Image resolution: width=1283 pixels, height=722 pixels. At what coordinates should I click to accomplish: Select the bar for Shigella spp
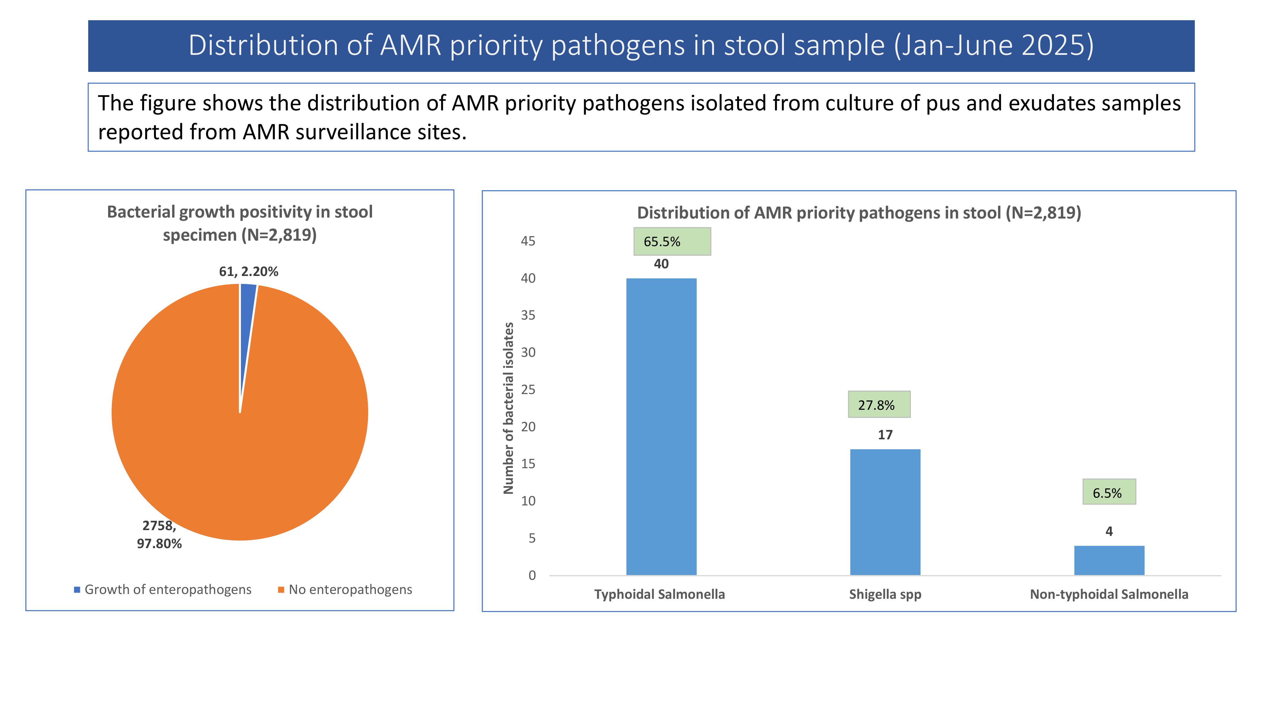885,512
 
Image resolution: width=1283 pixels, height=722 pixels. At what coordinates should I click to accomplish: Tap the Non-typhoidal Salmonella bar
1109,561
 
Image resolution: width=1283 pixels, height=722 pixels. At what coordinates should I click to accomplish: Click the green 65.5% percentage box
672,242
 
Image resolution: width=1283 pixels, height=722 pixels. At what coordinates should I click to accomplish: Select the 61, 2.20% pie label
249,271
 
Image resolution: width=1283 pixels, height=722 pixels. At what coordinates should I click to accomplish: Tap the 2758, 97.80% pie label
159,535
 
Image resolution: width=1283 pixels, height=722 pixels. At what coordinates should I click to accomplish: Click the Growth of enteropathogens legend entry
163,589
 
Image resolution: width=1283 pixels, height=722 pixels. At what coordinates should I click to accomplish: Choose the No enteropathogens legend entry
345,589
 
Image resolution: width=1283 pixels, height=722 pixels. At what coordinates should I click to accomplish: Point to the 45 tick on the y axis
528,241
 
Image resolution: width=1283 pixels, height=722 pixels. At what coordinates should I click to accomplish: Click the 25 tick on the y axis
528,390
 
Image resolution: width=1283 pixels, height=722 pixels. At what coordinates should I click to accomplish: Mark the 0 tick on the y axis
532,575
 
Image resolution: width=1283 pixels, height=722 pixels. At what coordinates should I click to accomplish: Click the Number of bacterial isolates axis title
508,408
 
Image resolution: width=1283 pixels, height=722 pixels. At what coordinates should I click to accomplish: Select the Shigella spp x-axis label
885,594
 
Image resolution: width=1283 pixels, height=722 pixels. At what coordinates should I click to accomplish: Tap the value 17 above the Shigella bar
885,435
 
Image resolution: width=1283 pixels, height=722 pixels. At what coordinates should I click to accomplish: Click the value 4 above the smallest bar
1109,532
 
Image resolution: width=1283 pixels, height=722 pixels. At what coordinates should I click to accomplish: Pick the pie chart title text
240,223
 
